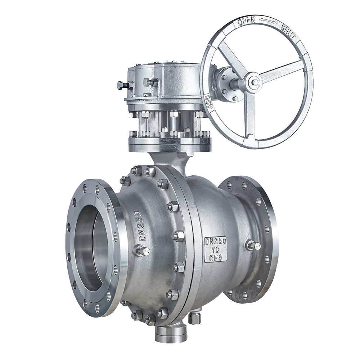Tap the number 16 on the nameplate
[216, 249]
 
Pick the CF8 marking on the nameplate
[216, 258]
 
